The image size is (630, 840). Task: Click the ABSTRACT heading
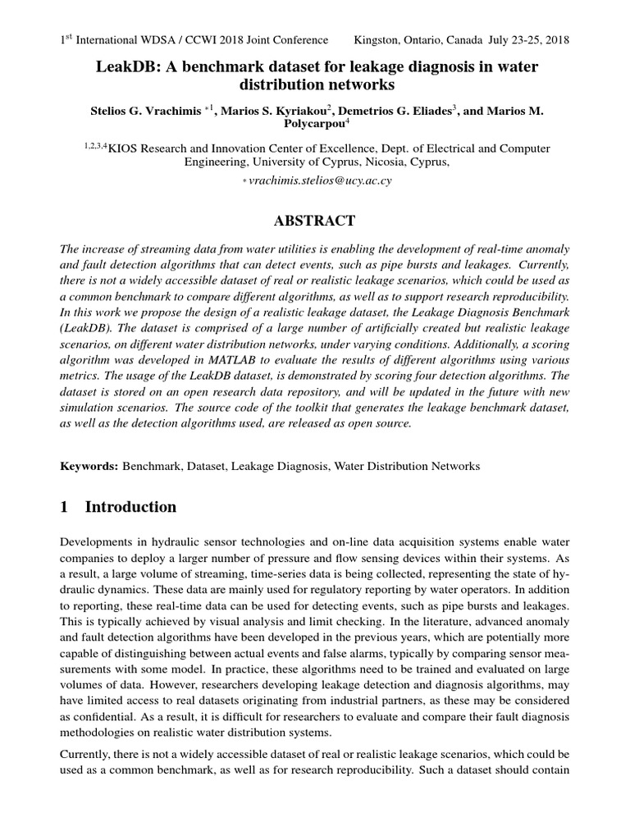(x=315, y=221)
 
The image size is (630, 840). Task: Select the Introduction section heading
(x=130, y=507)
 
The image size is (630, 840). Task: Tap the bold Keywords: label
(x=89, y=466)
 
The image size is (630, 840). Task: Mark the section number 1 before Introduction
(x=66, y=507)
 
